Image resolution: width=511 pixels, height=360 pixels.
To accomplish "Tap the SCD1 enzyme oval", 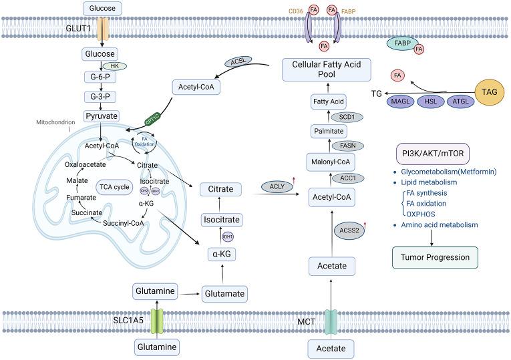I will pos(347,117).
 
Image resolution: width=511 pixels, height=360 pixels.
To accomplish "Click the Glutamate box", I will pos(223,292).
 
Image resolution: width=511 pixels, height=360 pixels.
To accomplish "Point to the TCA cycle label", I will pos(112,186).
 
